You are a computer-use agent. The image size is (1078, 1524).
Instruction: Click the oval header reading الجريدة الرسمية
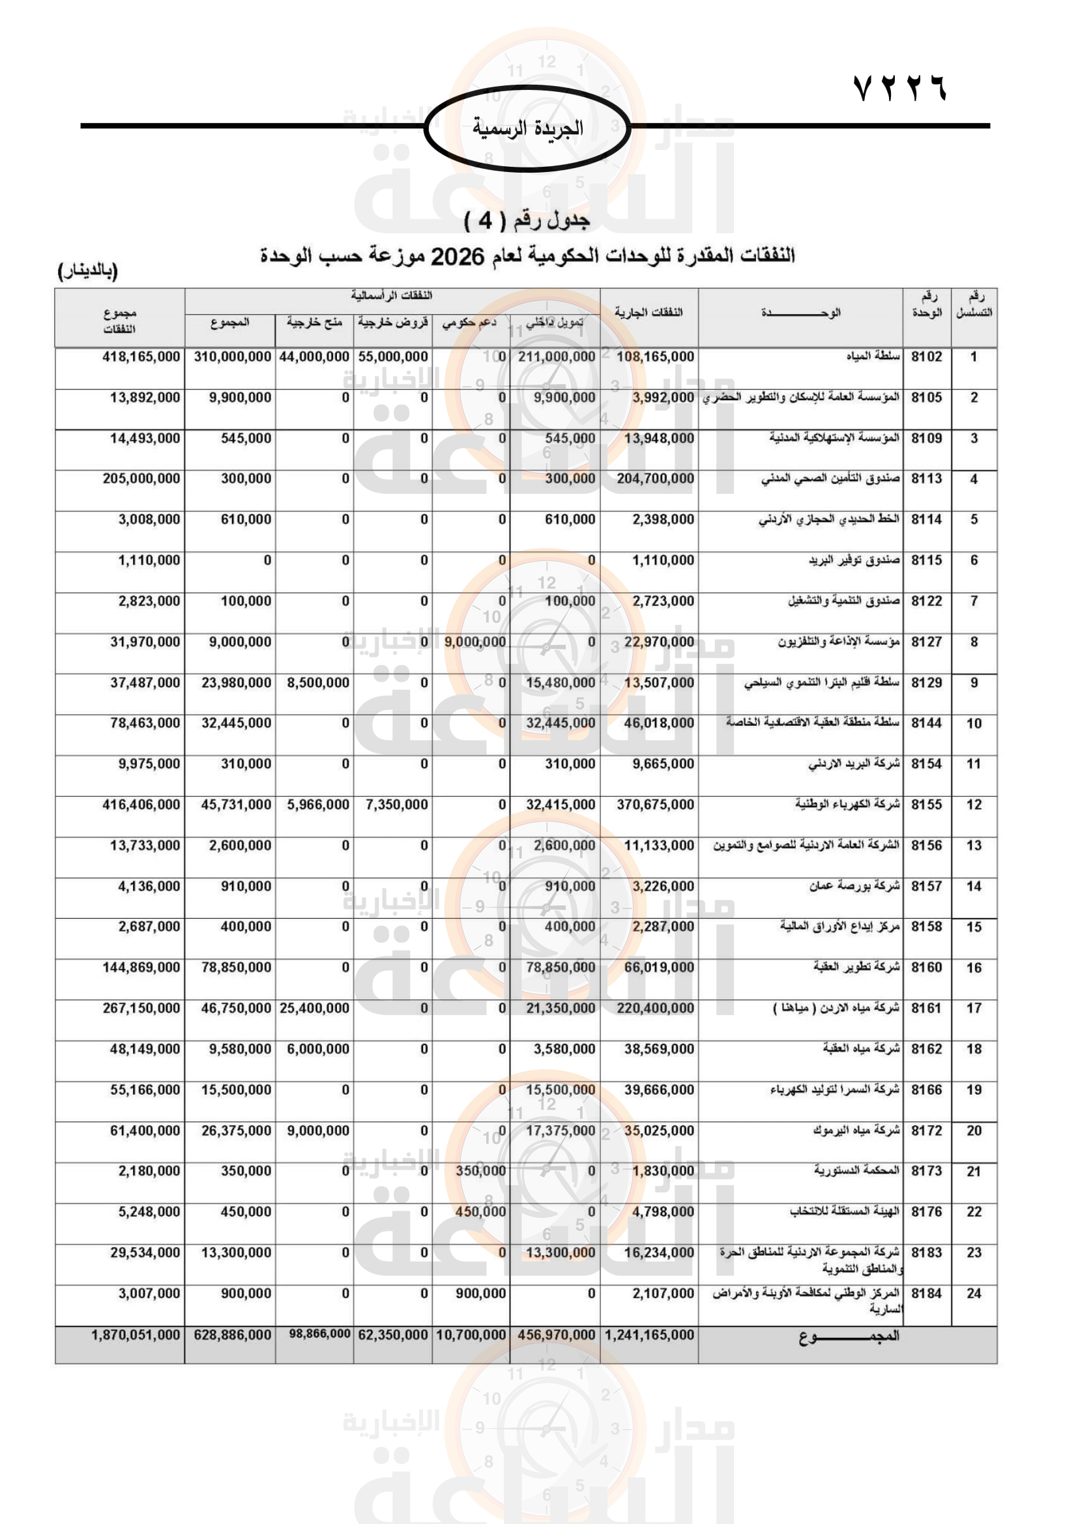(x=527, y=128)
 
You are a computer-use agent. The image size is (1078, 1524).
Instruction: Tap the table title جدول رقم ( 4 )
(x=527, y=220)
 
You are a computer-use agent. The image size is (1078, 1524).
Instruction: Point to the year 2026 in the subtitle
(x=458, y=255)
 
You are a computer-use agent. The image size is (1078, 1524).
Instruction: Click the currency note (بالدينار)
(x=87, y=271)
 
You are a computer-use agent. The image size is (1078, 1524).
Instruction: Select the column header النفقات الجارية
(x=648, y=312)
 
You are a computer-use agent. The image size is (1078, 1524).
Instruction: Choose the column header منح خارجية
(x=314, y=323)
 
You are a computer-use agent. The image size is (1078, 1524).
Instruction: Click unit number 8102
(x=926, y=357)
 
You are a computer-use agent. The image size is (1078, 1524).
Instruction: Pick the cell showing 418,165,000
(x=141, y=357)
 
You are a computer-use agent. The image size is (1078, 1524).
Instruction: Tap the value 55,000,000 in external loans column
(x=393, y=357)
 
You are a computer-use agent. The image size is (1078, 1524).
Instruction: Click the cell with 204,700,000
(x=655, y=479)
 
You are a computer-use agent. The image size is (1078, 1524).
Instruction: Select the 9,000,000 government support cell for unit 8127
(x=474, y=642)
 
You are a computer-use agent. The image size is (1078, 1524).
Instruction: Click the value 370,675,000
(x=655, y=805)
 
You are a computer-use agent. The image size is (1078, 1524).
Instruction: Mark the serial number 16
(x=973, y=968)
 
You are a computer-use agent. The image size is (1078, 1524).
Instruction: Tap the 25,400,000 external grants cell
(x=314, y=1008)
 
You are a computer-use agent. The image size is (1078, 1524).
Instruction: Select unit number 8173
(x=926, y=1172)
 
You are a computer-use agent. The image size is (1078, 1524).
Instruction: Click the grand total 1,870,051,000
(x=136, y=1335)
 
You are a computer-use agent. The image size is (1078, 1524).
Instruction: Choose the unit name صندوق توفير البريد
(x=854, y=560)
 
